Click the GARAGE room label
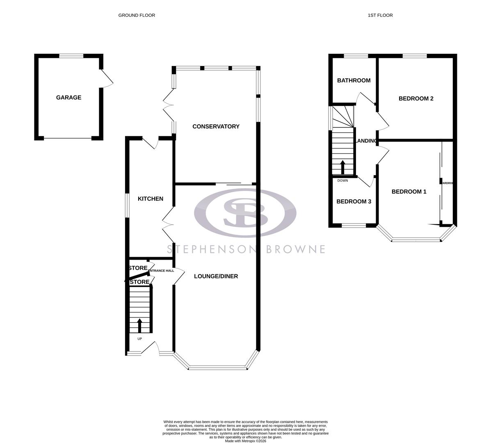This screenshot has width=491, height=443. [69, 98]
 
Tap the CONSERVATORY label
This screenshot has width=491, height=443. [216, 126]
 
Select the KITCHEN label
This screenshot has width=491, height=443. [150, 199]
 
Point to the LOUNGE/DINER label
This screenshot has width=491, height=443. [216, 276]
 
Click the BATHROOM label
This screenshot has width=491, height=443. [354, 80]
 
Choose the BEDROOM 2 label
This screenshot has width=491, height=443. [416, 98]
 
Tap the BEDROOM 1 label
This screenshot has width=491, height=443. [409, 192]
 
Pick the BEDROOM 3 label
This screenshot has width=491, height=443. [354, 201]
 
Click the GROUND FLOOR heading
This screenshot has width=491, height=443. [137, 15]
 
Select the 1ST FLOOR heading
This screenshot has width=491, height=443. [380, 15]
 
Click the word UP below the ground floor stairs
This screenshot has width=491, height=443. [139, 339]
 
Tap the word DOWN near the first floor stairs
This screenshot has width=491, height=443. [343, 180]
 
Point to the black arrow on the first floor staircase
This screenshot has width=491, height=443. [343, 167]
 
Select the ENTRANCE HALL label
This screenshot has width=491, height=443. [161, 271]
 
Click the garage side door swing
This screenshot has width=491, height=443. [107, 78]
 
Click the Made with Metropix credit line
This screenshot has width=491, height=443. [245, 441]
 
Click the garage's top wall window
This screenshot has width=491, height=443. [71, 56]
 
